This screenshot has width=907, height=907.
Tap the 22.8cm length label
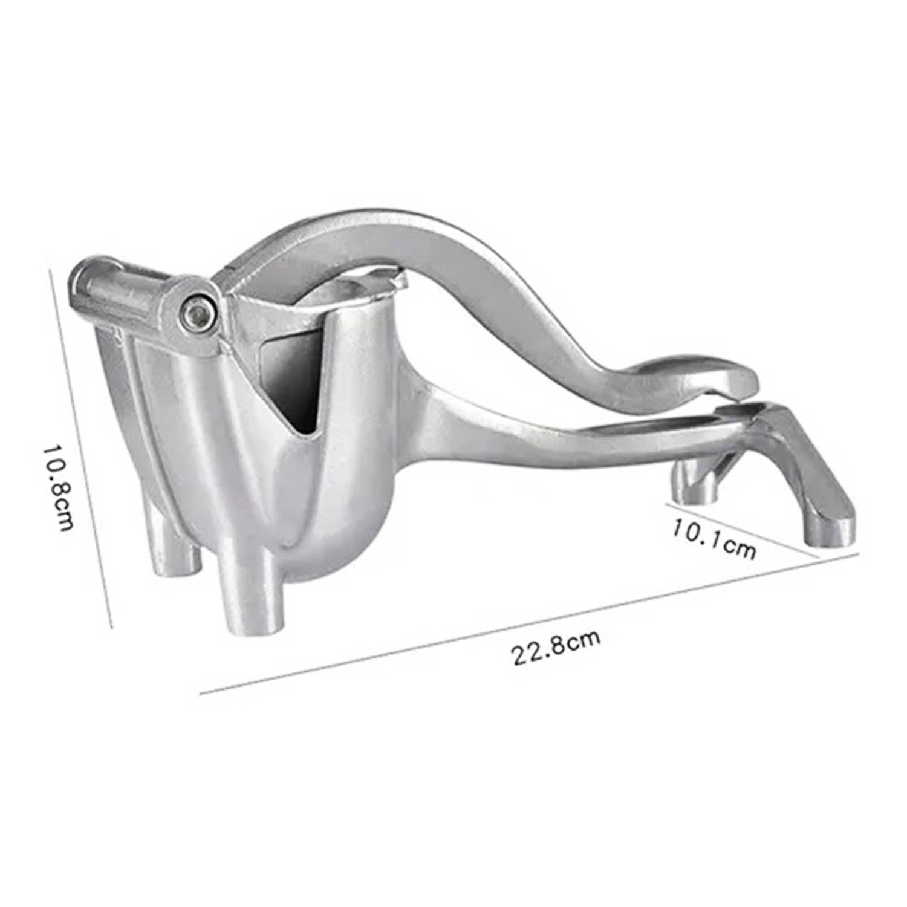pyautogui.click(x=557, y=647)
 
